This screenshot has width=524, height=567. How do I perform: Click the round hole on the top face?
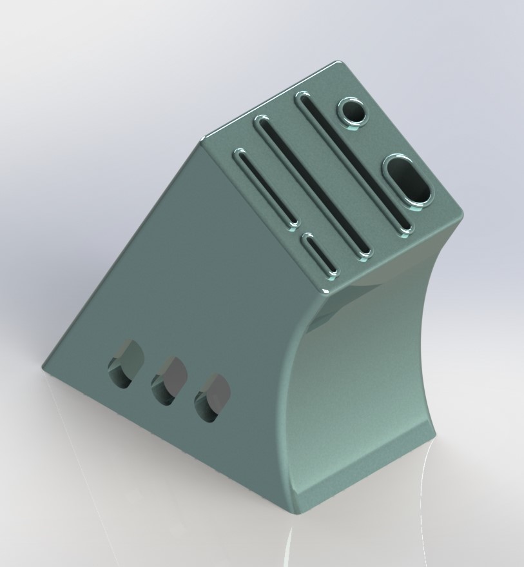(354, 112)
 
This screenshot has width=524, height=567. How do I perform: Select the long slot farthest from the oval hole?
(266, 186)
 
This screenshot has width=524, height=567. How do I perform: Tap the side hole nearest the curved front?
(213, 398)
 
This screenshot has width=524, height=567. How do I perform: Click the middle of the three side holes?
(168, 381)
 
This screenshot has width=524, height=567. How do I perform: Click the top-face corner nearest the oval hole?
(462, 215)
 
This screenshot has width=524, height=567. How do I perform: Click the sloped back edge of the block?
(122, 255)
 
